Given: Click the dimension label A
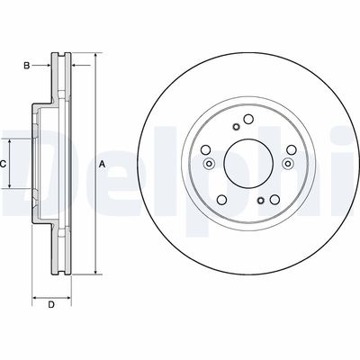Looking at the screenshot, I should [x=102, y=164].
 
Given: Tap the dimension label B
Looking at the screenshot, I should [x=27, y=65].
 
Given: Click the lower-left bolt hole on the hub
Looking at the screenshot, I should [x=220, y=198].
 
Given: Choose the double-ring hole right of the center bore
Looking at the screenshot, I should [x=288, y=164].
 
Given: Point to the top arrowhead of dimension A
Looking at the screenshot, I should [x=93, y=57].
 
